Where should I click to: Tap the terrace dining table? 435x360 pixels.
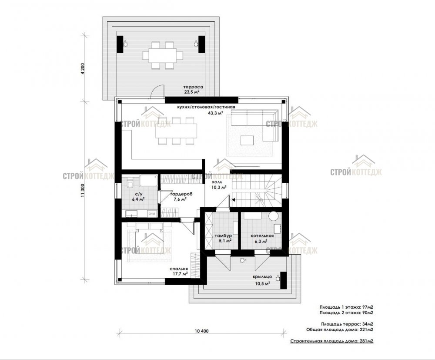pos(163,55)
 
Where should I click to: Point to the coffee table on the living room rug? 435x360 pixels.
pos(247,140)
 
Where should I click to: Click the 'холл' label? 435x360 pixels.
pos(217,182)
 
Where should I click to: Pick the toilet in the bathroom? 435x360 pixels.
pos(130,183)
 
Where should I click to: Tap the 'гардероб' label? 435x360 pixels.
pos(181,194)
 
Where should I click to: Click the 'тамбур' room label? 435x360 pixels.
pos(223,236)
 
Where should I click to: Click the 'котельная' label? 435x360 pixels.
pos(262,236)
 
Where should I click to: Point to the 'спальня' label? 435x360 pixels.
pos(179,269)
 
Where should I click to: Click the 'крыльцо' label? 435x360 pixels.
pos(262,277)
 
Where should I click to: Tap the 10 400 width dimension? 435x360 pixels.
pos(202,331)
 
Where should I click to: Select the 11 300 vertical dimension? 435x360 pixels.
pos(82,191)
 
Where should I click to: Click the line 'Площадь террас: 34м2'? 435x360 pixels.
pos(347,324)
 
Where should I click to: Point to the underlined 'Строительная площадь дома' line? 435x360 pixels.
pos(332,341)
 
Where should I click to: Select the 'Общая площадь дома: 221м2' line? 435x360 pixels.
pos(340,330)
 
